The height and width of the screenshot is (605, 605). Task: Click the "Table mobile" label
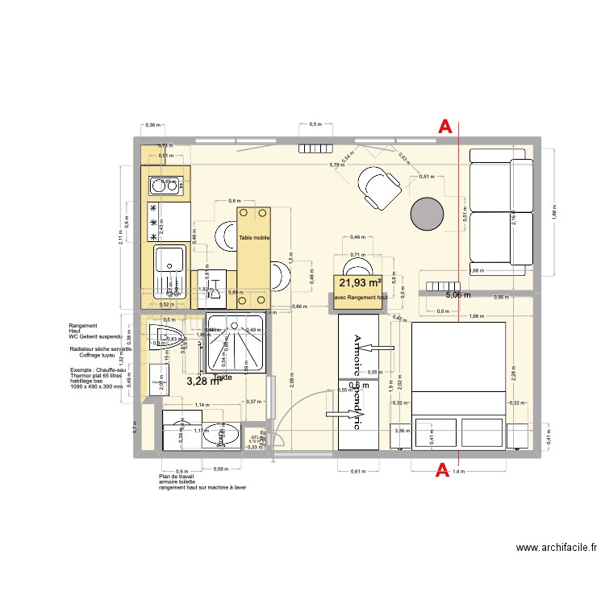click(x=254, y=239)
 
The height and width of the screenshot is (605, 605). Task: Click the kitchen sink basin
click(x=169, y=259)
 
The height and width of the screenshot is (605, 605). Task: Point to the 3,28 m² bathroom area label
click(x=202, y=381)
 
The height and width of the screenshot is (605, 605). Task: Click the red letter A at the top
click(x=444, y=127)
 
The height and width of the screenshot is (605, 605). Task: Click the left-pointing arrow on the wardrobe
click(x=375, y=348)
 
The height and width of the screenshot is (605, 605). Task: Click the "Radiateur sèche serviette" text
click(x=101, y=348)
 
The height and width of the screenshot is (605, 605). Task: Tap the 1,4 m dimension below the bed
click(x=458, y=471)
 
